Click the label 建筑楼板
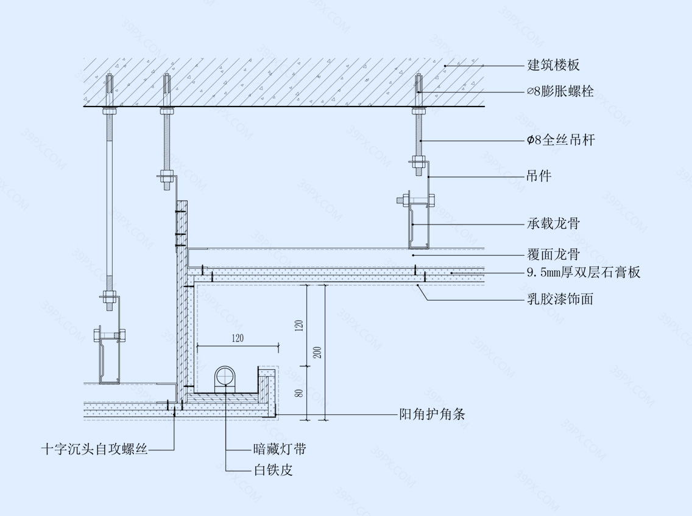[553, 65]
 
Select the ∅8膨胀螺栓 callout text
[560, 92]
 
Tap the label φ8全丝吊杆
[560, 141]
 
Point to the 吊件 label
[538, 176]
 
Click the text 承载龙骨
[553, 224]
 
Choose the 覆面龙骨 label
[553, 254]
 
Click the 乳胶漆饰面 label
[560, 299]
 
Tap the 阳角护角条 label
[432, 415]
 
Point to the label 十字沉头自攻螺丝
[94, 450]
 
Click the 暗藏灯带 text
[279, 450]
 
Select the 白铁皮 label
[273, 470]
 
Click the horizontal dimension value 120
[237, 338]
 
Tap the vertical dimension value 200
[317, 352]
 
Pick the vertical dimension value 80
[298, 392]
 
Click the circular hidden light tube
[225, 376]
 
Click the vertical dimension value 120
[298, 326]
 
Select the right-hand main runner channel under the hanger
[419, 225]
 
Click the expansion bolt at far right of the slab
[418, 91]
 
